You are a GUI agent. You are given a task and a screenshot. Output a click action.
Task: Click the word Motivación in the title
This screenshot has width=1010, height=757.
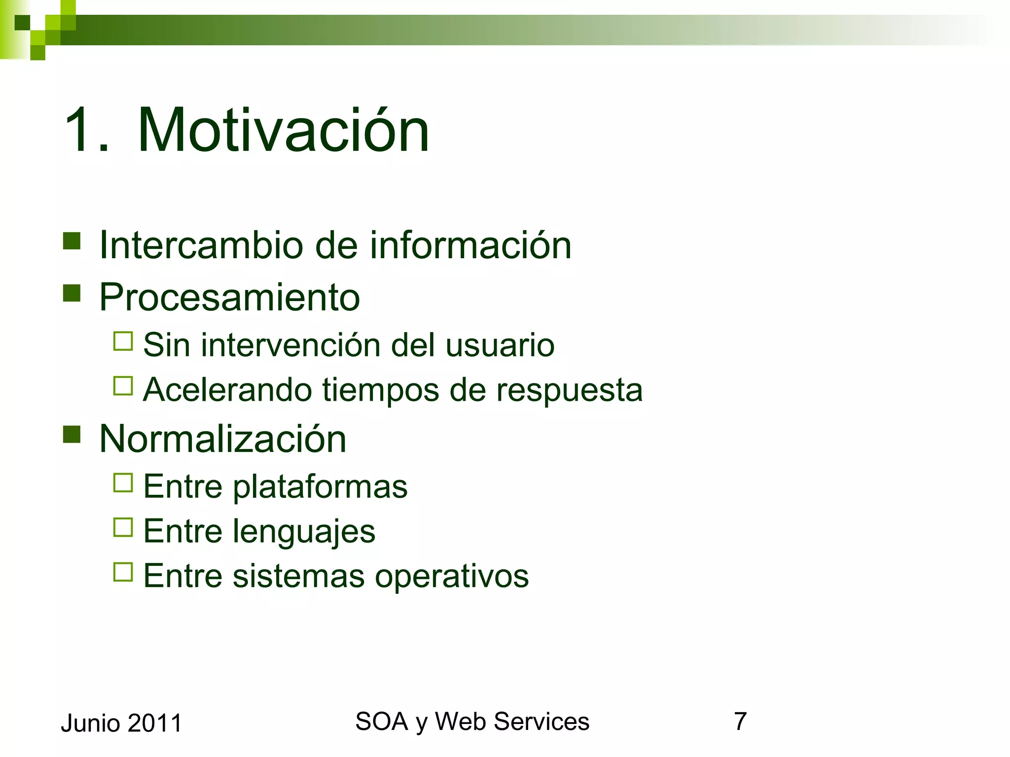click(283, 131)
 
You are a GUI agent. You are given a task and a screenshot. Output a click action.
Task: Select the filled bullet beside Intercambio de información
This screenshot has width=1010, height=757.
click(72, 241)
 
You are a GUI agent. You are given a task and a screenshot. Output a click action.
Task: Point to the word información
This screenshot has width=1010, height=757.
click(470, 245)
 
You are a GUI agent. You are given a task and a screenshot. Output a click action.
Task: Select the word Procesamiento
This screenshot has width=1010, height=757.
click(229, 298)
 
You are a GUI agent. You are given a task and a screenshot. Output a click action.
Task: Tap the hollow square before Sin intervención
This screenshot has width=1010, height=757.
click(123, 341)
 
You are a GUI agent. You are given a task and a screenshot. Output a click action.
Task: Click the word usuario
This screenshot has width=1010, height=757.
click(500, 345)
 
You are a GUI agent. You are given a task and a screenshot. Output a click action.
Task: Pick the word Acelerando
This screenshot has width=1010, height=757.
click(227, 390)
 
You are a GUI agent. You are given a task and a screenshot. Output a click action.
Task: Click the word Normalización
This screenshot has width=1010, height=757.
click(222, 439)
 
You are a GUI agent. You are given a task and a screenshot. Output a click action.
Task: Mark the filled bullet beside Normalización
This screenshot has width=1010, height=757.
click(72, 434)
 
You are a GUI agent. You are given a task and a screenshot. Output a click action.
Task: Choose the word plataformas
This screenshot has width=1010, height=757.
click(320, 487)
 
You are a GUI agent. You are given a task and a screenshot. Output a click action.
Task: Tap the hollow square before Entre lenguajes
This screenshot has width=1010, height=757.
click(123, 527)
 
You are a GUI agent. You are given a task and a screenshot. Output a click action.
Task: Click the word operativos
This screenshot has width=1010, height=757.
click(451, 576)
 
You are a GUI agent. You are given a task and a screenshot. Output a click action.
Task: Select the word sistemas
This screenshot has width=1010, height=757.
click(299, 576)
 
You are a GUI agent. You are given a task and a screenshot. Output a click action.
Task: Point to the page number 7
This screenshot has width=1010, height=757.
click(740, 722)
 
